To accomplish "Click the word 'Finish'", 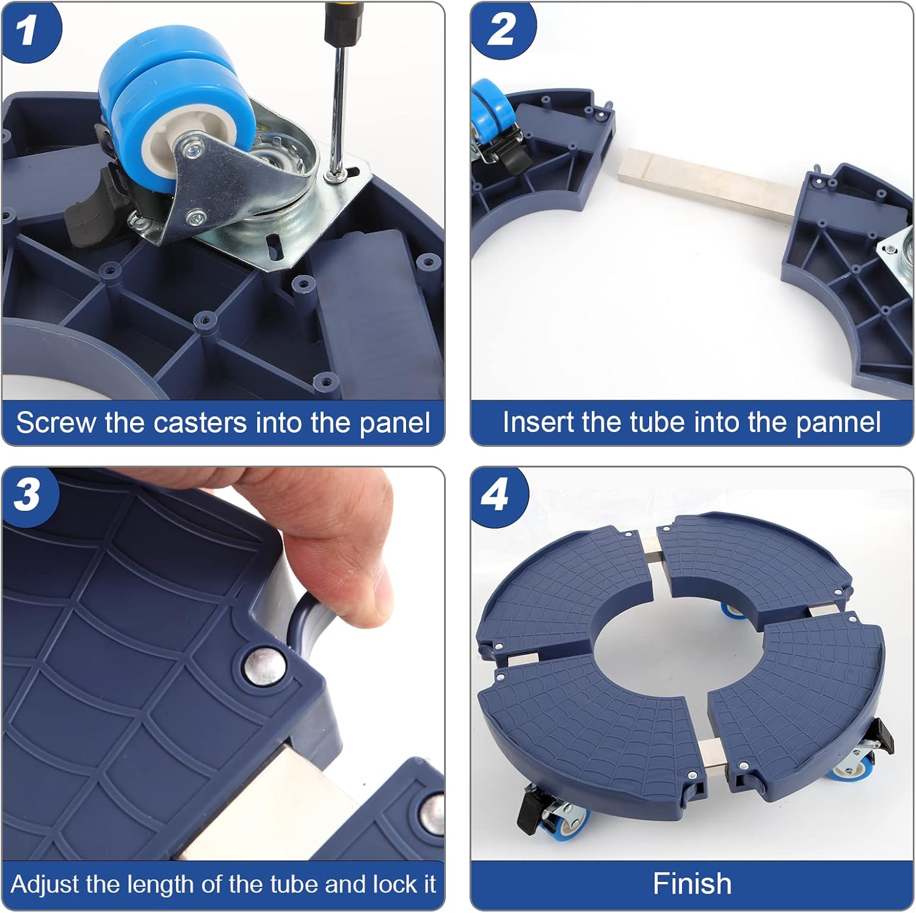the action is [692, 884].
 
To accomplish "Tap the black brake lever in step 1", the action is [92, 208].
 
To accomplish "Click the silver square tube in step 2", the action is [708, 183].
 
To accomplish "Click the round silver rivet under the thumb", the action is [264, 666].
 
